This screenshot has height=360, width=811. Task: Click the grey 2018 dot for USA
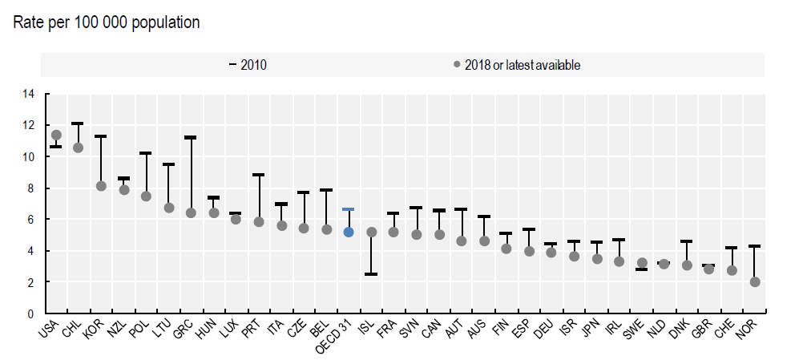[x=56, y=136]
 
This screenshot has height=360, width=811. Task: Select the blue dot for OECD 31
[x=349, y=233]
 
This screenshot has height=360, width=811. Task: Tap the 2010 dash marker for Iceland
[x=371, y=274]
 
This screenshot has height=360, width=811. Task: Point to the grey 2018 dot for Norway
[x=755, y=282]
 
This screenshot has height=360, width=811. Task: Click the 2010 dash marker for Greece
[x=191, y=138]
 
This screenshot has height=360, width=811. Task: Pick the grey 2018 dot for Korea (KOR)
[x=101, y=186]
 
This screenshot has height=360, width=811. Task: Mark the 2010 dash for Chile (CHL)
[x=78, y=123]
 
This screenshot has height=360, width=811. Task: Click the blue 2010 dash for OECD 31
[x=349, y=209]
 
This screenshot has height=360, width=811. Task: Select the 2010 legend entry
[x=248, y=65]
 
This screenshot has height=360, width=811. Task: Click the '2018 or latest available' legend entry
[x=517, y=65]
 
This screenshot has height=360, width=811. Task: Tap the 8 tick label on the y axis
[x=31, y=188]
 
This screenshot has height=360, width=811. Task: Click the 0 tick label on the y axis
[x=31, y=313]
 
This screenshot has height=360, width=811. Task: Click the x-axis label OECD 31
[x=339, y=334]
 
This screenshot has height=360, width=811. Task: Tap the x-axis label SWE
[x=633, y=329]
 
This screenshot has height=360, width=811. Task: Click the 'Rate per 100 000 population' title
[x=107, y=22]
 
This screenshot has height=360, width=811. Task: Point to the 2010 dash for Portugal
[x=259, y=175]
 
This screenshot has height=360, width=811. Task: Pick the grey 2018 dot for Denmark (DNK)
[x=687, y=265]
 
